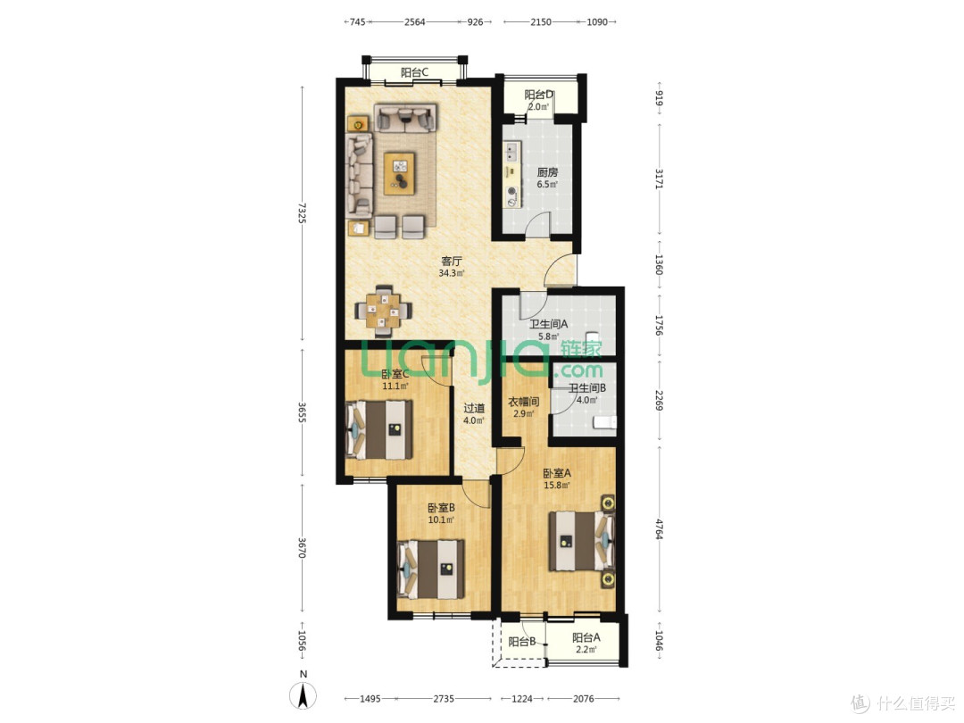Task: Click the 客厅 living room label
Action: point(452,262)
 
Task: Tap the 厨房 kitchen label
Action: point(547,173)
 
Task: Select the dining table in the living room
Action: point(384,310)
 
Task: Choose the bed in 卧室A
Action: point(582,541)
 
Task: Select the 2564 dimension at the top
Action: point(415,22)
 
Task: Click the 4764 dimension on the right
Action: point(659,529)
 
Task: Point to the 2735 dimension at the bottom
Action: point(444,698)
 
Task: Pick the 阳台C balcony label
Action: point(414,72)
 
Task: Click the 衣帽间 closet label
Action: point(523,402)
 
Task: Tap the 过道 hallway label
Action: point(473,408)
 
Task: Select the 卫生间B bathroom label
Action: point(586,388)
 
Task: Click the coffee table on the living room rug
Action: point(400,173)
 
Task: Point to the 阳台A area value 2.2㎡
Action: point(586,649)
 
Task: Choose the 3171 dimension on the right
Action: point(659,179)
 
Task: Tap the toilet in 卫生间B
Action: point(604,421)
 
